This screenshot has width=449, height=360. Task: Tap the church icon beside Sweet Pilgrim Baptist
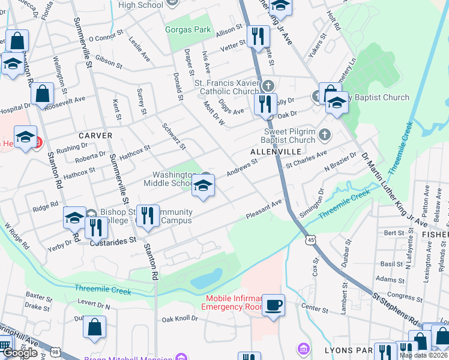325,134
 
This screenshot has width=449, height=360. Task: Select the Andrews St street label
241,167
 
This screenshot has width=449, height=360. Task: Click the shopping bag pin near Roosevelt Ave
42,95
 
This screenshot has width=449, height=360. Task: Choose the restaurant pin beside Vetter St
258,37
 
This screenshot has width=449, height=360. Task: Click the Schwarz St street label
173,136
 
